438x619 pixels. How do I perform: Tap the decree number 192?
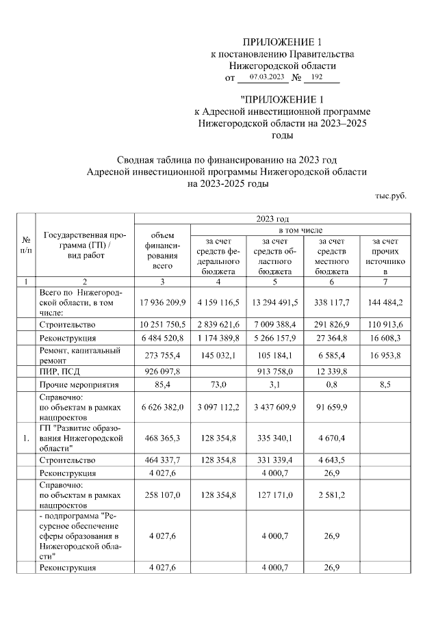315,77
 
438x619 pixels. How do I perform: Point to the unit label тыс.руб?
390,196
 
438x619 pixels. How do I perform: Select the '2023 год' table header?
272,218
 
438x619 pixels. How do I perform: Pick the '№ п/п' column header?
25,246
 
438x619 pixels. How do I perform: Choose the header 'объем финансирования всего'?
162,250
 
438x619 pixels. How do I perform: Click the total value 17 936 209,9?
162,301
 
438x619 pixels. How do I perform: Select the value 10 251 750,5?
162,324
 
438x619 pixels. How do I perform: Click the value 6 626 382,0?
162,407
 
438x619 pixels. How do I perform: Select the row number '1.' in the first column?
25,438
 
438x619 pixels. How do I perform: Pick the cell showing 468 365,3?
162,438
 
